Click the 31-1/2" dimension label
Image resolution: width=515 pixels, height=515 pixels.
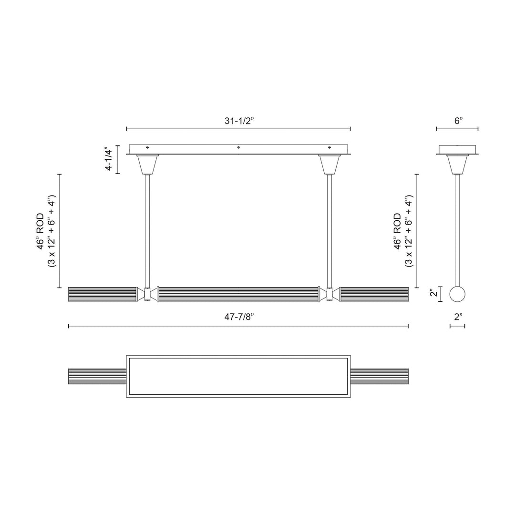pyautogui.click(x=238, y=121)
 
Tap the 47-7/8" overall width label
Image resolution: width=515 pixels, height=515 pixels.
pyautogui.click(x=238, y=318)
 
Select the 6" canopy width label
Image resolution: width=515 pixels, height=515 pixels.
pyautogui.click(x=458, y=121)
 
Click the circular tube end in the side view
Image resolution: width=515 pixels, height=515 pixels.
pyautogui.click(x=458, y=294)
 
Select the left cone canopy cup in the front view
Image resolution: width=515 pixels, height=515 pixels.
pyautogui.click(x=147, y=165)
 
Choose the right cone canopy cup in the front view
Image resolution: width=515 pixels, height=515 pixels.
pyautogui.click(x=330, y=165)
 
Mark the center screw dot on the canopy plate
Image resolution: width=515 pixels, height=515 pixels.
pyautogui.click(x=238, y=147)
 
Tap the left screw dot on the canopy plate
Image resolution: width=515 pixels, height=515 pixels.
pyautogui.click(x=147, y=147)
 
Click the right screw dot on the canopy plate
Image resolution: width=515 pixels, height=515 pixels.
pyautogui.click(x=330, y=147)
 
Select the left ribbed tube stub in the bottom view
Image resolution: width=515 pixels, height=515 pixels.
pyautogui.click(x=97, y=375)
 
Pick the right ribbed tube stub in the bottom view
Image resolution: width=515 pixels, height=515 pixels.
pyautogui.click(x=380, y=375)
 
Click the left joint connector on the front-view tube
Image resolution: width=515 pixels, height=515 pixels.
pyautogui.click(x=147, y=294)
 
